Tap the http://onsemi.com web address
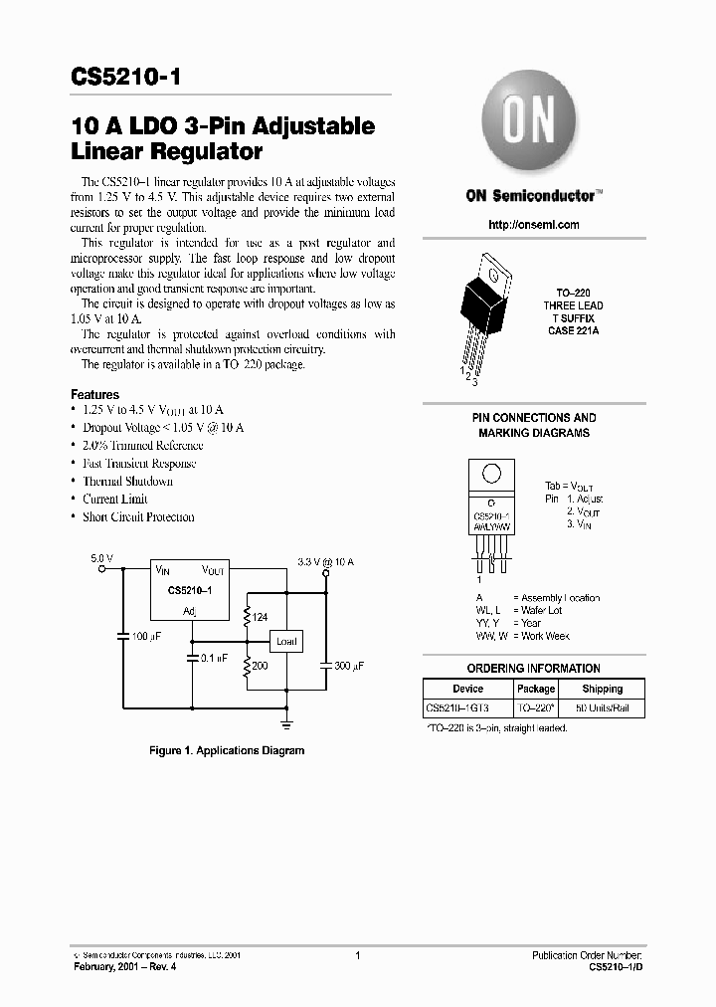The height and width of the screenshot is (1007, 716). [x=534, y=225]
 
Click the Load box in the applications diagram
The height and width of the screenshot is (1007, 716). [x=286, y=642]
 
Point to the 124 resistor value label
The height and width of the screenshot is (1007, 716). [x=261, y=618]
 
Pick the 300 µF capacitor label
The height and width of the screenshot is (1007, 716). [x=347, y=665]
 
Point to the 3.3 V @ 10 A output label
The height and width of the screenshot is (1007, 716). [x=325, y=562]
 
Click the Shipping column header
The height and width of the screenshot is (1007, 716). [x=602, y=689]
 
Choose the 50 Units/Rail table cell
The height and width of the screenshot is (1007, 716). [x=602, y=707]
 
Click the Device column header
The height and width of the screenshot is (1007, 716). [x=467, y=689]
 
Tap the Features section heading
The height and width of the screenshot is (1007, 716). [x=95, y=395]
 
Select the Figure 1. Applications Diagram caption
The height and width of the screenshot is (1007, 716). [x=227, y=750]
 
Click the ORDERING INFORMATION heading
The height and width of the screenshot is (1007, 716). [x=534, y=669]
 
